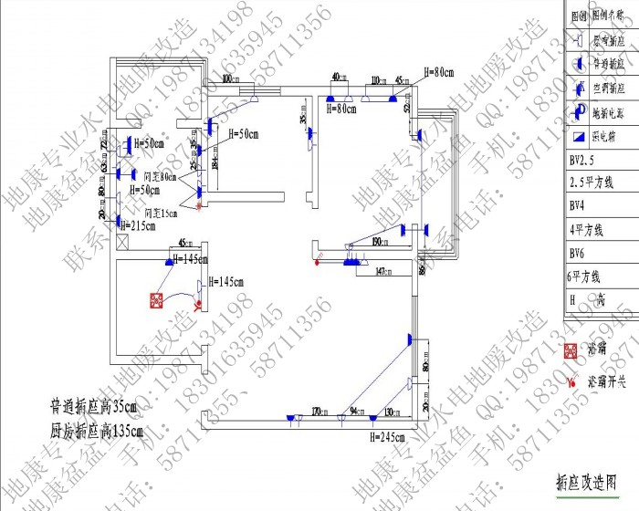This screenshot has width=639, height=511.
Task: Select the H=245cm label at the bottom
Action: click(x=386, y=438)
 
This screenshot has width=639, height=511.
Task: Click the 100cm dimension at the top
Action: click(x=231, y=79)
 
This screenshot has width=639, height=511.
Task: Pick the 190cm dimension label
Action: click(x=376, y=241)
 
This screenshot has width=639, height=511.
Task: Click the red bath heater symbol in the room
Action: click(x=157, y=299)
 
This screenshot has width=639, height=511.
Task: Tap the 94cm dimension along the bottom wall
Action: click(x=356, y=412)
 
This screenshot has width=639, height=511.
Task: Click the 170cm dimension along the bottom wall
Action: click(x=319, y=412)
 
